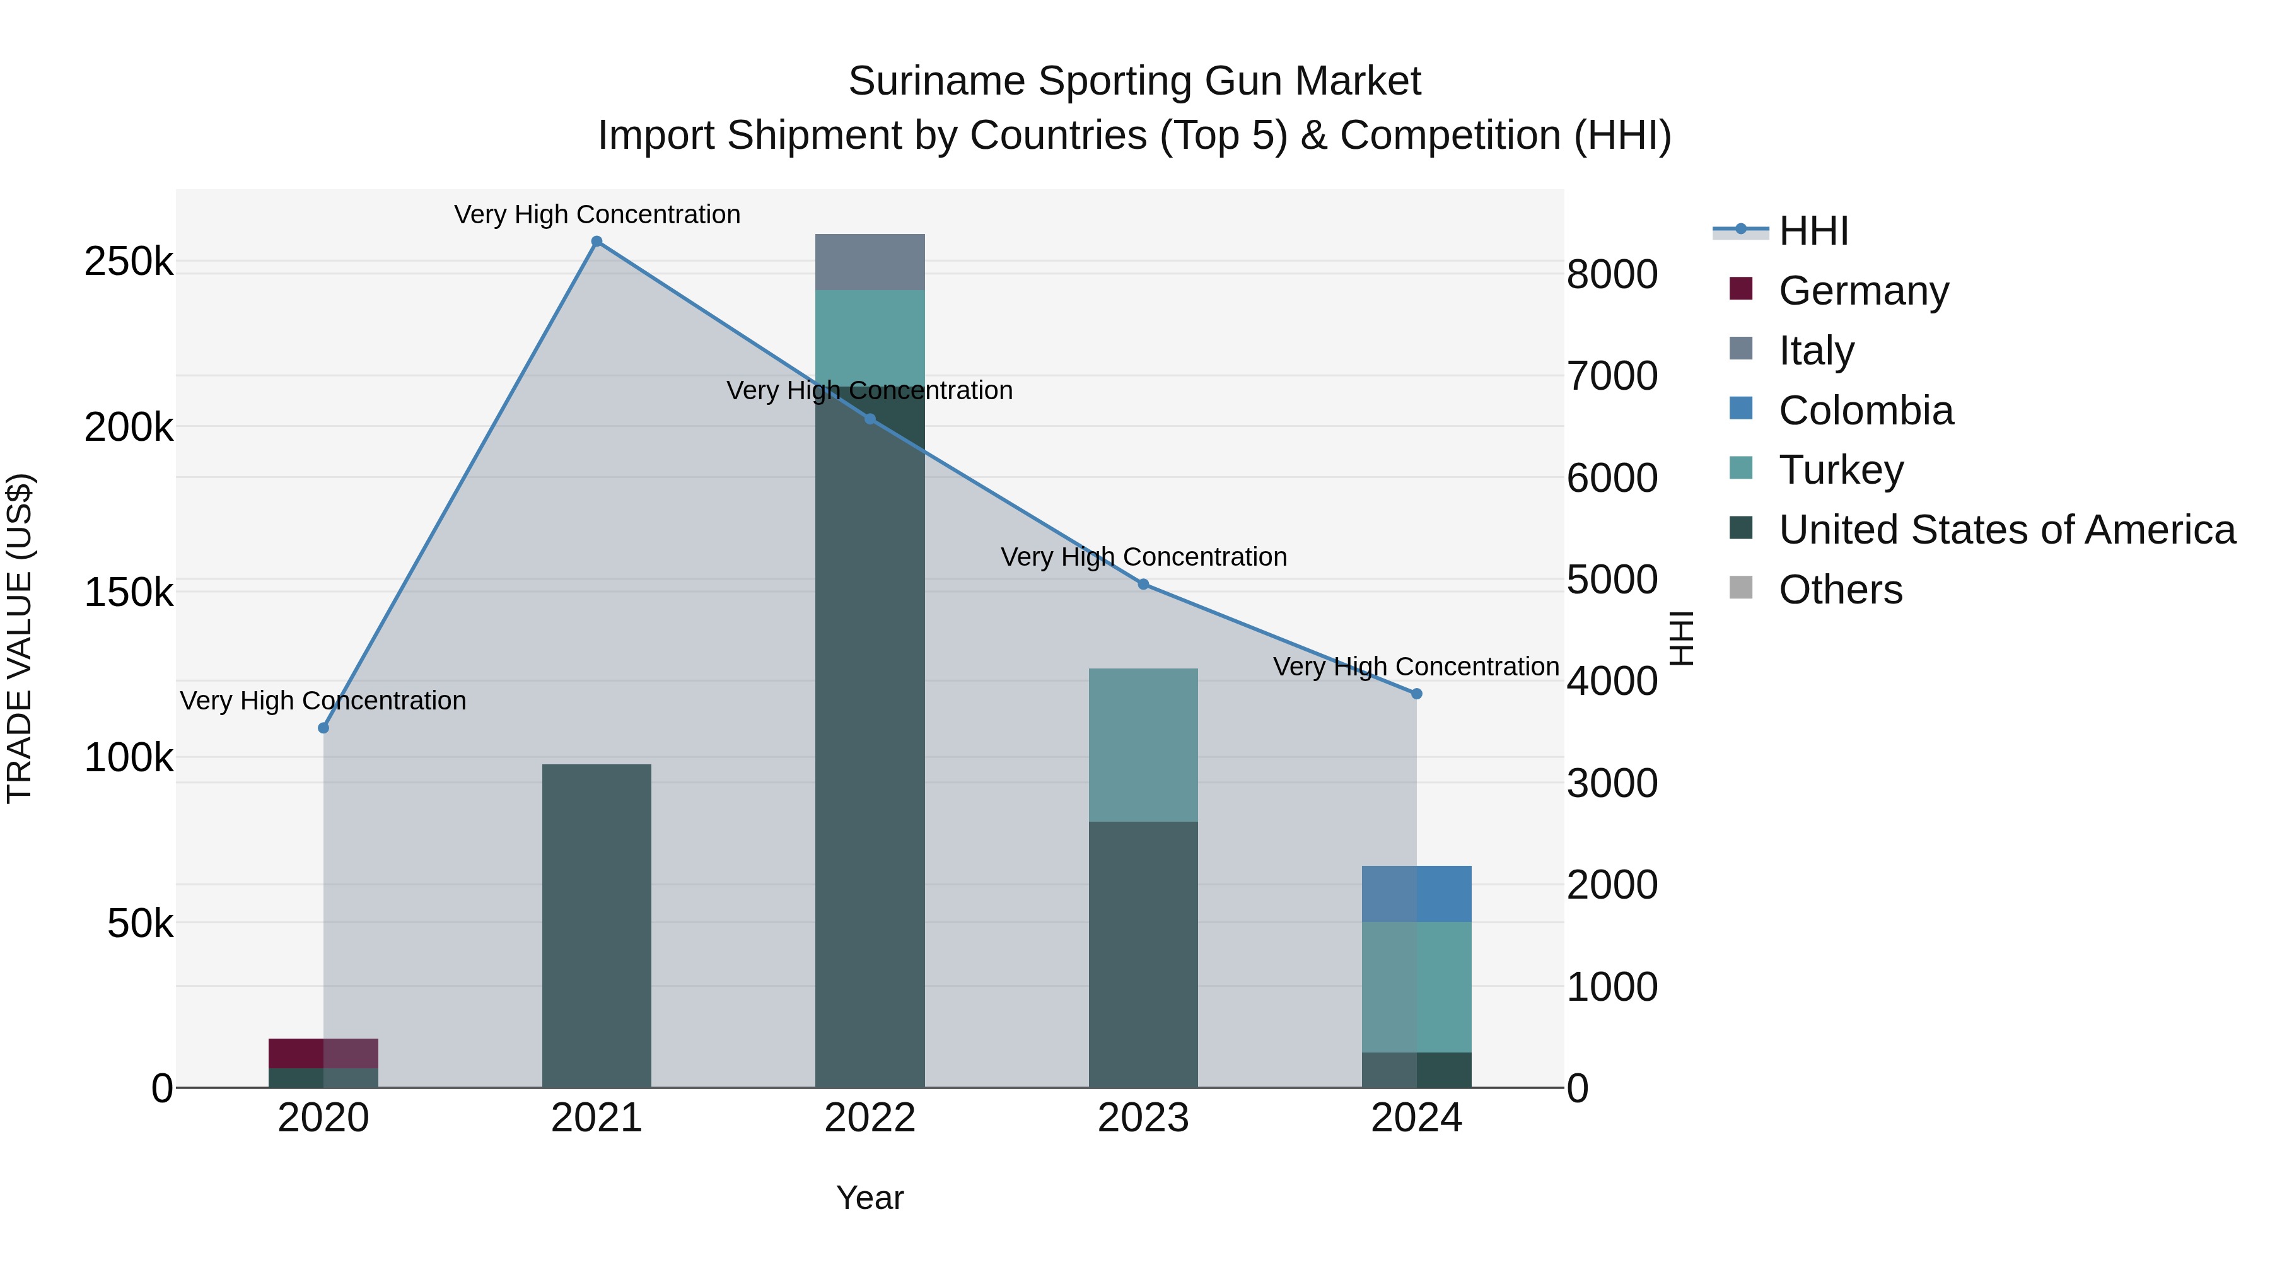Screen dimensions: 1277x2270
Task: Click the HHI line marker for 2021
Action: (x=597, y=242)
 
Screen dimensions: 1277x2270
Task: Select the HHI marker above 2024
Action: (x=1416, y=694)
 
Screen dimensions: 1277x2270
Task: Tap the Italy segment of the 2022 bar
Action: (x=870, y=262)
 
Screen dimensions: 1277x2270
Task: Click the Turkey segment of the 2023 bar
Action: (x=1143, y=745)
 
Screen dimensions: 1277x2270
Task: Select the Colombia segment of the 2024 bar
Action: (x=1416, y=894)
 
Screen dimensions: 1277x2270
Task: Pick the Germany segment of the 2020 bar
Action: (x=323, y=1053)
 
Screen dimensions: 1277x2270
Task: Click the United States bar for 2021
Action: (x=597, y=925)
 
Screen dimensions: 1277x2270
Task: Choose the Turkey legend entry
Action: (x=1841, y=470)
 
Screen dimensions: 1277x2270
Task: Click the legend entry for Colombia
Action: (x=1866, y=411)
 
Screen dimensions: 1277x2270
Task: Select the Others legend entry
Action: (x=1840, y=590)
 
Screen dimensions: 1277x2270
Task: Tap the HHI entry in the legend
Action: (x=1813, y=231)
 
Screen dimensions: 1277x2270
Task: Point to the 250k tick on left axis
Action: (x=129, y=262)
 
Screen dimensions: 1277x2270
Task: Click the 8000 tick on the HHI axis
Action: (x=1612, y=274)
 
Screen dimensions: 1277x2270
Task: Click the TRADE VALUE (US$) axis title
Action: (x=20, y=638)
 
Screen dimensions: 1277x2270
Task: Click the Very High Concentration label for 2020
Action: (x=323, y=701)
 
